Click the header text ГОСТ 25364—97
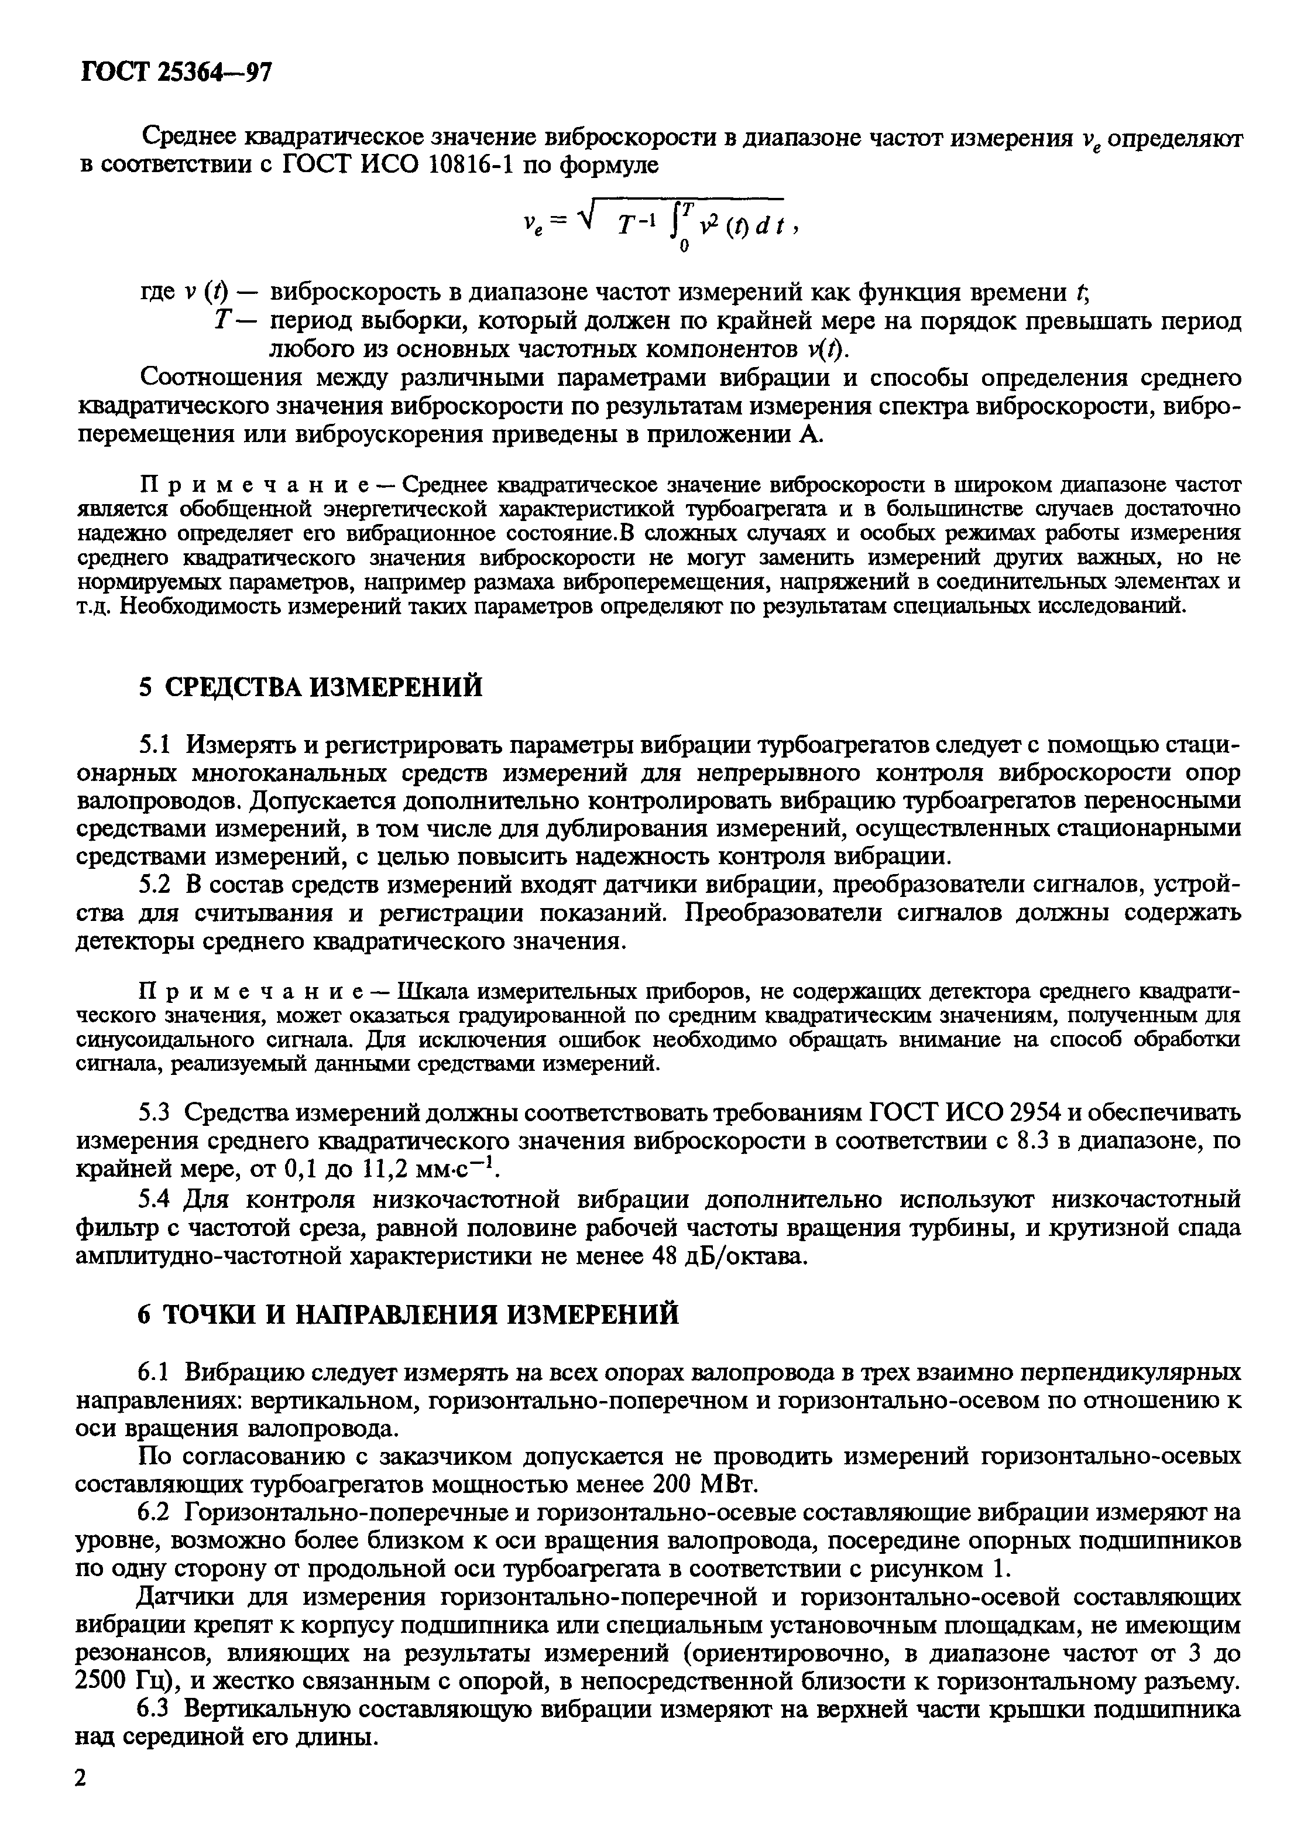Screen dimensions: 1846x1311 click(x=176, y=74)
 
